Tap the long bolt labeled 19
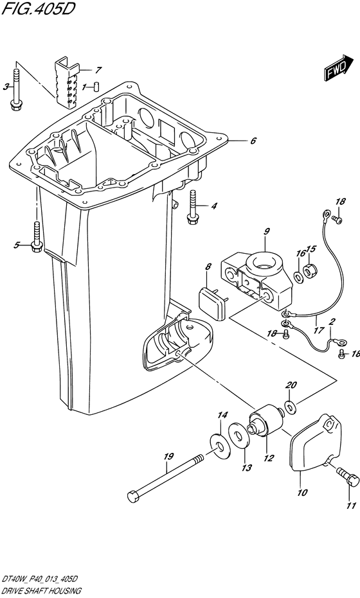[167, 477]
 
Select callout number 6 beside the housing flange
[253, 141]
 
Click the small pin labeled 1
[96, 86]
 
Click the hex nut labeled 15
[310, 270]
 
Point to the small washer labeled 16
[298, 275]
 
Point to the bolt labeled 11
[348, 477]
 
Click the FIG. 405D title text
[37, 9]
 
